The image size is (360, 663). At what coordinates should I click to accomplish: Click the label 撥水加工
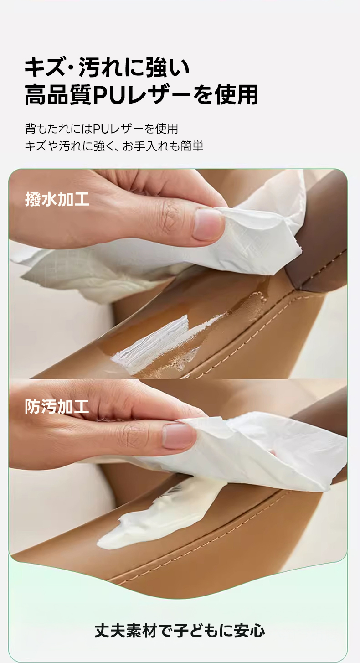57,199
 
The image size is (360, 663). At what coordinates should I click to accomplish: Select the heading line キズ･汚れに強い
107,67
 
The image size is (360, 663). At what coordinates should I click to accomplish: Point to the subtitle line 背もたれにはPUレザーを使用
102,129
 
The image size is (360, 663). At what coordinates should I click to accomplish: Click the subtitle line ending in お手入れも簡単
114,146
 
